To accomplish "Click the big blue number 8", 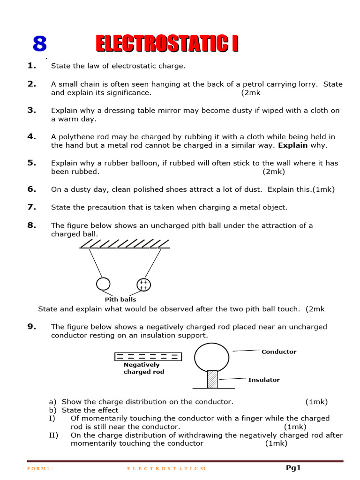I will click(40, 44).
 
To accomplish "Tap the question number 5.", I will click(31, 163).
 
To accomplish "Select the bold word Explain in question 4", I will click(293, 145).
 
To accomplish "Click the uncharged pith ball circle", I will click(103, 284).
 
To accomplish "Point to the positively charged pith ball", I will click(143, 285).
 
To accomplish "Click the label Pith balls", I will click(120, 299).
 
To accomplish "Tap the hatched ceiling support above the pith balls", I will click(124, 244).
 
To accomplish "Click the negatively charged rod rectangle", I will click(148, 356).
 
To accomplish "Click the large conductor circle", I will click(212, 356).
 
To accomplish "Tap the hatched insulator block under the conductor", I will click(212, 379).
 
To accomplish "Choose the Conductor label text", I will click(278, 352).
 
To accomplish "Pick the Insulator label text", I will click(264, 380).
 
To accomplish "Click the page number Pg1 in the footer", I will click(293, 467).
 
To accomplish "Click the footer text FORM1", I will click(40, 468).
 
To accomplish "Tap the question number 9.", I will click(31, 326).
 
